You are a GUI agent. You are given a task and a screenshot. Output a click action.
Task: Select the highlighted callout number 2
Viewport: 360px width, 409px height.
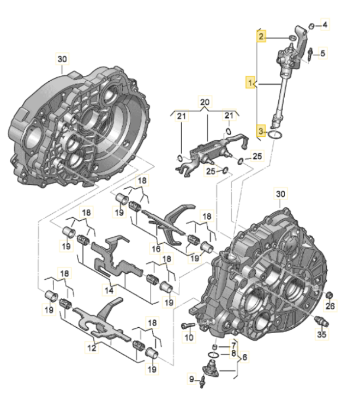[262, 37]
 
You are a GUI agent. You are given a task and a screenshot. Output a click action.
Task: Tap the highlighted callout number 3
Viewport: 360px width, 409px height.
[262, 131]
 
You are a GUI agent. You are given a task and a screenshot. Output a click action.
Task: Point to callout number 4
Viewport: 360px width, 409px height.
[325, 25]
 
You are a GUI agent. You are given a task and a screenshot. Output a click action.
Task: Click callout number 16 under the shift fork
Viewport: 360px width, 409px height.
[156, 249]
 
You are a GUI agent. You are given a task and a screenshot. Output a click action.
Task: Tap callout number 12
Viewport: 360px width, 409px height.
[90, 347]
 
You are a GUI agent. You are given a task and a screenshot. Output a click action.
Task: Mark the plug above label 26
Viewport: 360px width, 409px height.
[329, 295]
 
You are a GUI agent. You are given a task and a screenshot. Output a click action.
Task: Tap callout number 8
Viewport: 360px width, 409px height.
[233, 353]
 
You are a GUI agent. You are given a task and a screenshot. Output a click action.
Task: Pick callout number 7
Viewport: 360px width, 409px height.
[233, 345]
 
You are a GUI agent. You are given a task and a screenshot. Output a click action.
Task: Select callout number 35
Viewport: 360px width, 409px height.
[322, 335]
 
